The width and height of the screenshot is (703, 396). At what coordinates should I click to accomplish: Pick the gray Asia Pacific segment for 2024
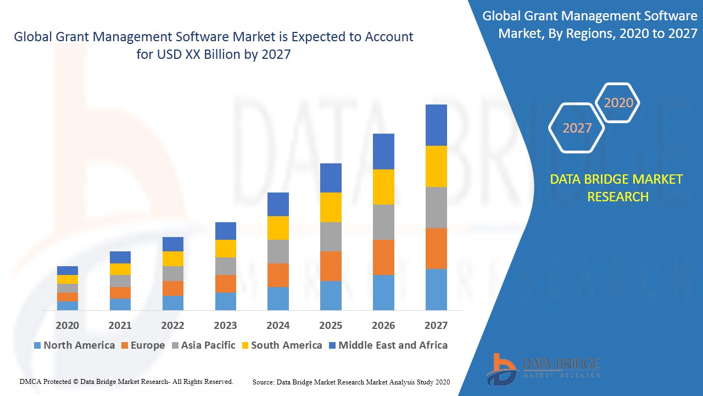click(278, 251)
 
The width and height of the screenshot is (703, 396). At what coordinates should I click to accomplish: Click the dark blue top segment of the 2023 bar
click(225, 231)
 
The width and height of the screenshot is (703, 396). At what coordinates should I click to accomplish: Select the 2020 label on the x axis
click(67, 325)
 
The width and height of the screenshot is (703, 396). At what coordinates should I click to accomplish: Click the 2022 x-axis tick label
click(172, 325)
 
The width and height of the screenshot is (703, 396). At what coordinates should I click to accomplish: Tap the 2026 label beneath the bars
click(383, 325)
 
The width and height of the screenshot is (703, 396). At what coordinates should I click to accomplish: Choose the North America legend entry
click(74, 345)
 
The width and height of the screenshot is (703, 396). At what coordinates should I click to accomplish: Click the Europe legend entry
click(143, 345)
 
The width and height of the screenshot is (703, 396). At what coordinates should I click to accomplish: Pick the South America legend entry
click(281, 345)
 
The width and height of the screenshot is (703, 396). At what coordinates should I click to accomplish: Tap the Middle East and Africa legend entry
click(388, 345)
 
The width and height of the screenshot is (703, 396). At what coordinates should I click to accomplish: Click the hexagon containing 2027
click(577, 128)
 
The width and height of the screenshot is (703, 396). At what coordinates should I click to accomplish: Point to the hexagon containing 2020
click(618, 102)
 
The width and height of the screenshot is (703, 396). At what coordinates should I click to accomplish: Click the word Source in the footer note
click(263, 382)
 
